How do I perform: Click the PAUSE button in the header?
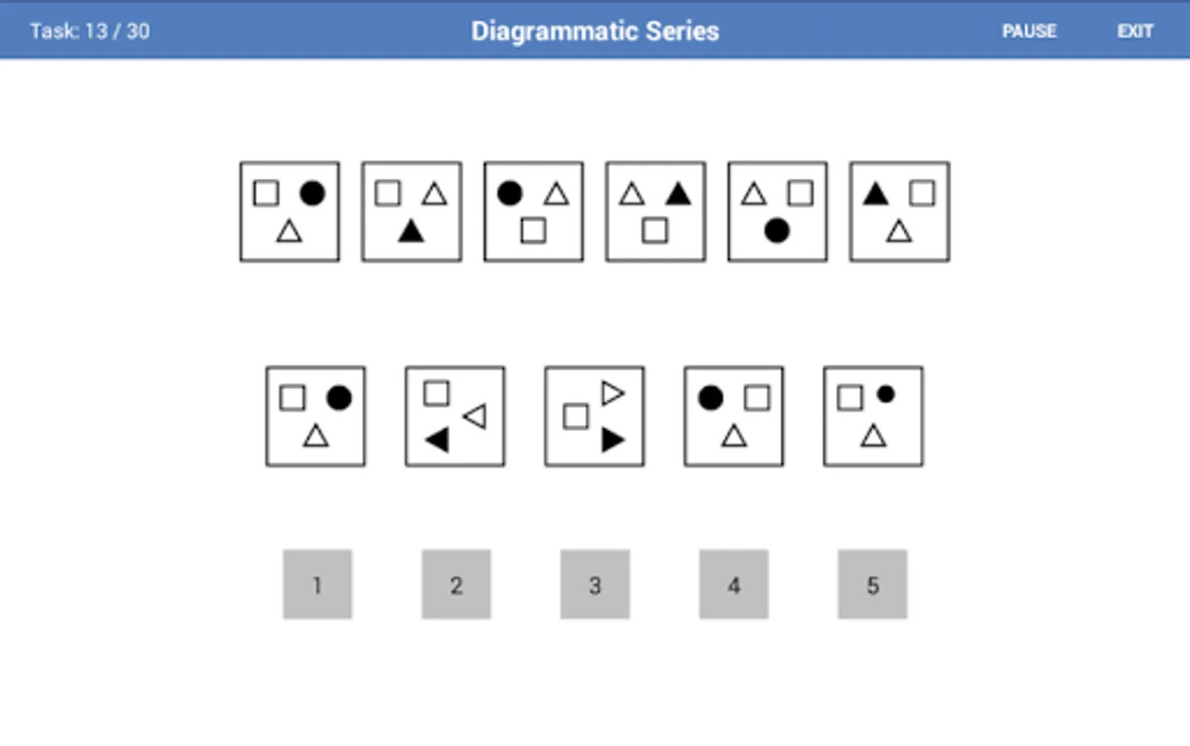[1029, 31]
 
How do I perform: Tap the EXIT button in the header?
[1134, 31]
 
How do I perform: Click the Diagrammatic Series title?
[595, 31]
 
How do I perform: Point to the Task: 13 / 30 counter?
[89, 31]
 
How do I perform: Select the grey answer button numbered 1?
[317, 584]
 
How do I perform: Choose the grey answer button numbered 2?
[456, 584]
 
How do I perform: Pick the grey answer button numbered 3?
[595, 584]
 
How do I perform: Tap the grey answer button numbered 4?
[733, 584]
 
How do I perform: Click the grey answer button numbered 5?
[873, 584]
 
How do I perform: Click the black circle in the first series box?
[312, 193]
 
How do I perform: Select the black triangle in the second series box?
[411, 232]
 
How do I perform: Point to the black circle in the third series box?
[510, 193]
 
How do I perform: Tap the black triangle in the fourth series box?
[679, 194]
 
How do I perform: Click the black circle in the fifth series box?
[776, 230]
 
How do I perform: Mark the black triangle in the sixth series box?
[876, 194]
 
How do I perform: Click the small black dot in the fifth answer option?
[886, 395]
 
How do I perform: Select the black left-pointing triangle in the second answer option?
[438, 440]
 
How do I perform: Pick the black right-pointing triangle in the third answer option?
[612, 440]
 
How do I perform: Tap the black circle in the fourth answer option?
[711, 398]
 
